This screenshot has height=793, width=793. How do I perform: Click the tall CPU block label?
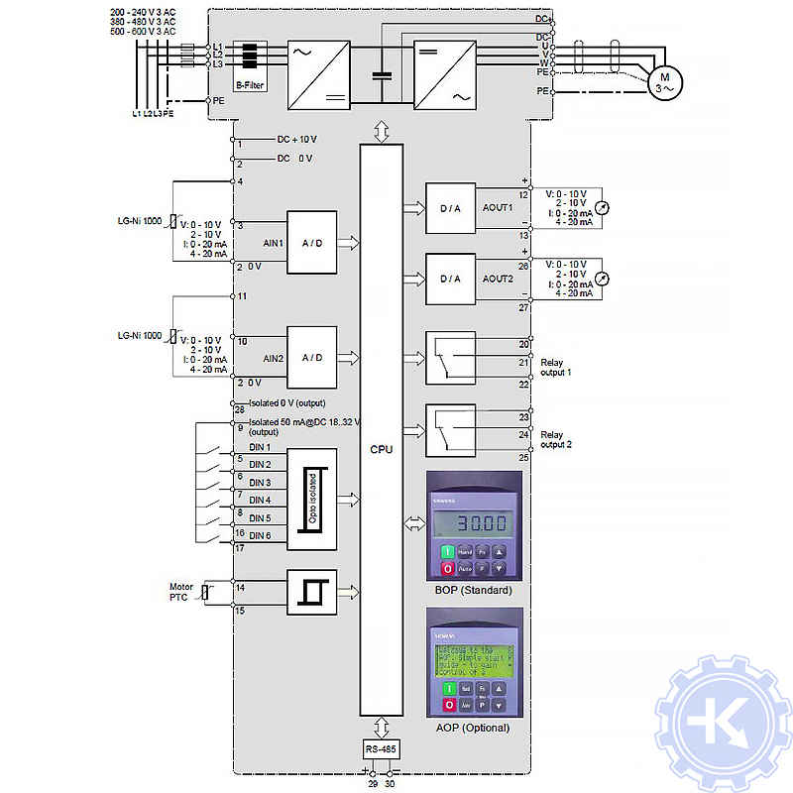coord(382,449)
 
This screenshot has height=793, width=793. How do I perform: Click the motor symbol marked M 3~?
coord(664,82)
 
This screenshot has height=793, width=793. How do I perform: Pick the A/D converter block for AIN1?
coord(312,243)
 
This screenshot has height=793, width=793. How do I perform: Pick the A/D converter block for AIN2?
coord(312,357)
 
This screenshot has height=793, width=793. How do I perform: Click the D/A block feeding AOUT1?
coord(450,208)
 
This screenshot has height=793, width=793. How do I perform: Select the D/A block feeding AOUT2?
coord(450,279)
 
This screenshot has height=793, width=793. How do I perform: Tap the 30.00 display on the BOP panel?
coord(475,522)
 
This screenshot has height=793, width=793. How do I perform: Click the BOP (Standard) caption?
coord(474,591)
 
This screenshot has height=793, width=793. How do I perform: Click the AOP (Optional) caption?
coord(473,728)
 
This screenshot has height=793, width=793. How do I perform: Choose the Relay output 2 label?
coord(556,439)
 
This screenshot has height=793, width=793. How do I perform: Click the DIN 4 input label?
coord(260,501)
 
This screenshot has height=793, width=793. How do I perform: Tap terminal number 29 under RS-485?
coord(373,783)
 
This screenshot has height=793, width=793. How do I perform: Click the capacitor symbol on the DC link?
coord(382,75)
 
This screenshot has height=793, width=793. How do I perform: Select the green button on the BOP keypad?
coord(447,551)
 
